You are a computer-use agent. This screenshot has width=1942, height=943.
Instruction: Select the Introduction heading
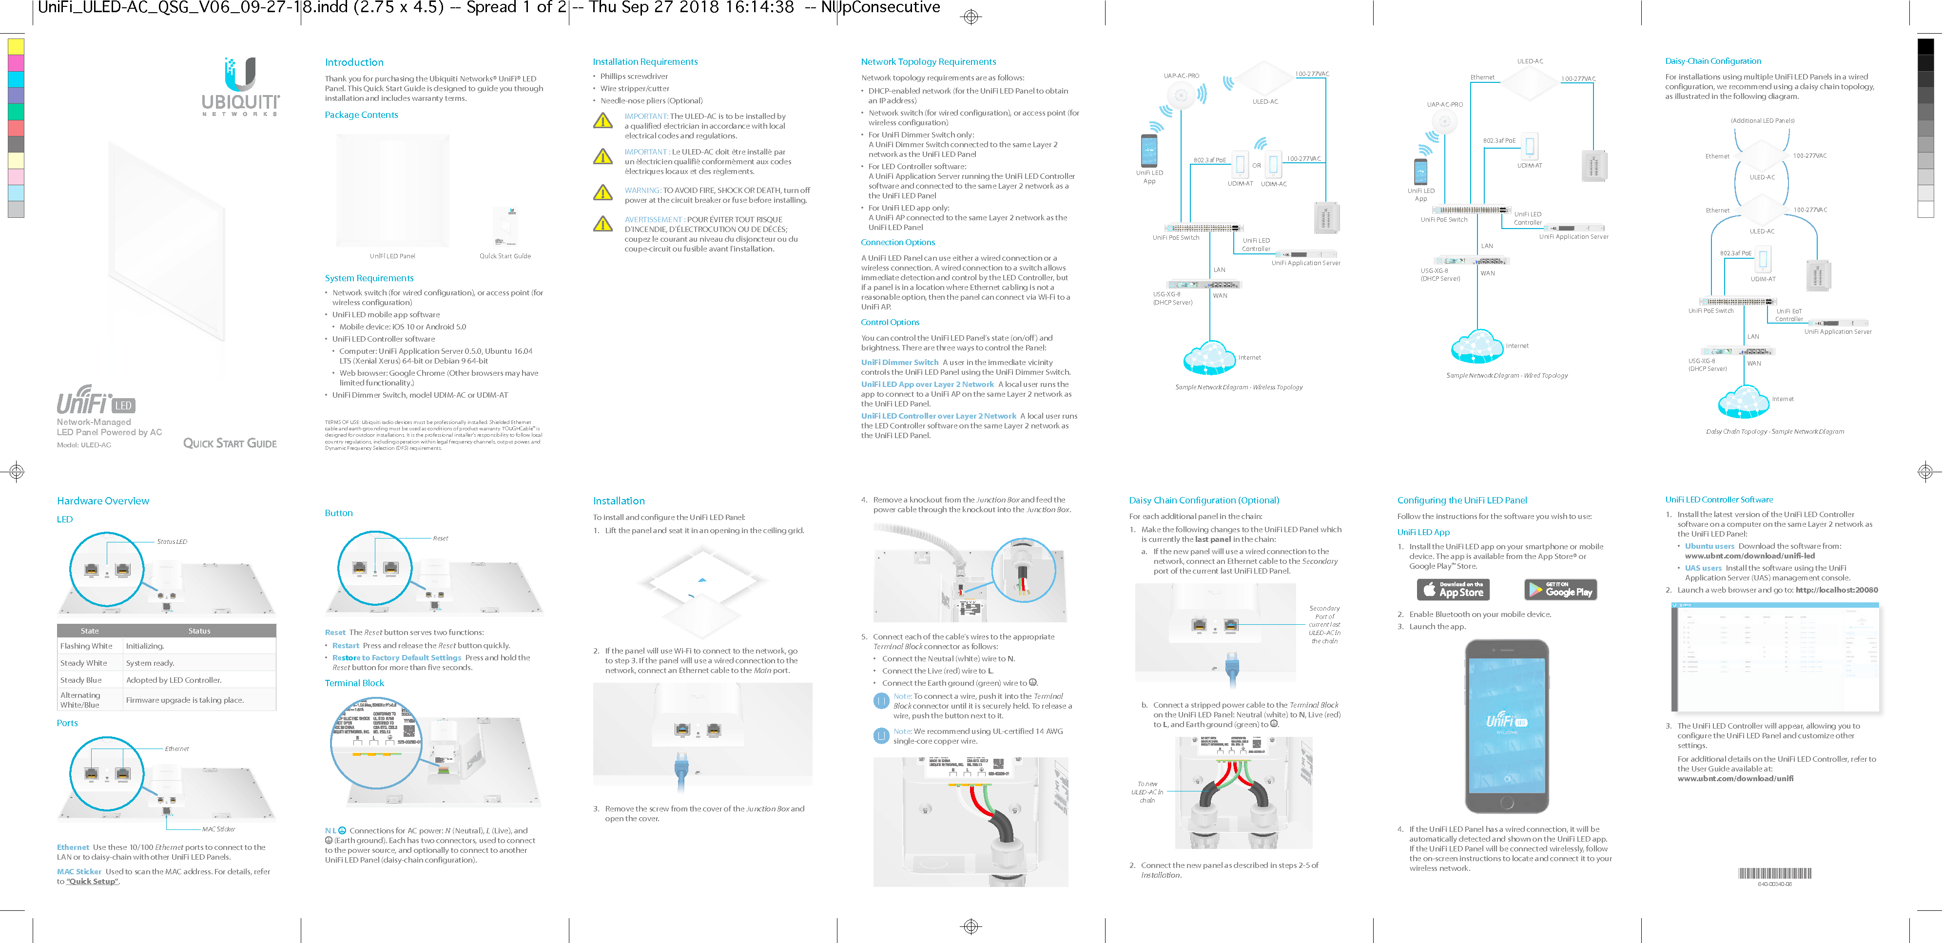point(353,62)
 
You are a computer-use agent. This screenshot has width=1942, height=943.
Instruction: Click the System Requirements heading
point(369,278)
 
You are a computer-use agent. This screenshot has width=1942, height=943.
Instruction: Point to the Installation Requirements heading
point(644,62)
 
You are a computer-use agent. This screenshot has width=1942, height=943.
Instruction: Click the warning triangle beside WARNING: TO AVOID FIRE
point(602,193)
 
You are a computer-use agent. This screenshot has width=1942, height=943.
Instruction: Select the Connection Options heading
point(897,242)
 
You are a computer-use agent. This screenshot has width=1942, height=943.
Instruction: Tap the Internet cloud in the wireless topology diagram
point(1208,357)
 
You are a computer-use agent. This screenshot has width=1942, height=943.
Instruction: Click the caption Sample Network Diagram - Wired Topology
point(1506,375)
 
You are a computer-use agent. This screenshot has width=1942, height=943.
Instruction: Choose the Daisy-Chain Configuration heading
point(1713,61)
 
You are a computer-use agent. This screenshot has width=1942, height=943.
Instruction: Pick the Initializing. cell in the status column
point(145,646)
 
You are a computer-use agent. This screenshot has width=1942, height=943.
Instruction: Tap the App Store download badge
point(1453,590)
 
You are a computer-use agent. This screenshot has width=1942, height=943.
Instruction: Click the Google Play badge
point(1560,590)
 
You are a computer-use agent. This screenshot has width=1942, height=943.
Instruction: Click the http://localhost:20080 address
point(1836,590)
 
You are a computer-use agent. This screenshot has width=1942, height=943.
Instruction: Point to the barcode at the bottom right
point(1775,874)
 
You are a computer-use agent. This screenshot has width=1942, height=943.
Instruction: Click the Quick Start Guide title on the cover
point(230,443)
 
